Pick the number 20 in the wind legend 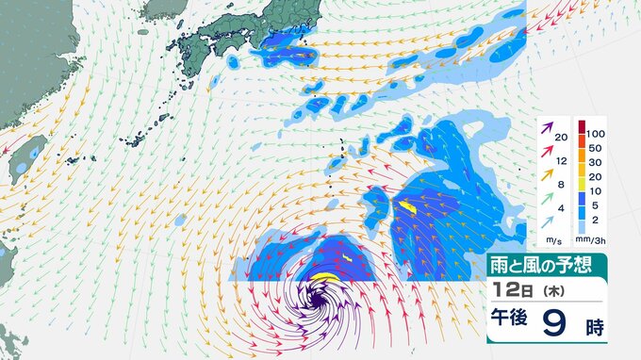click(562, 139)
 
